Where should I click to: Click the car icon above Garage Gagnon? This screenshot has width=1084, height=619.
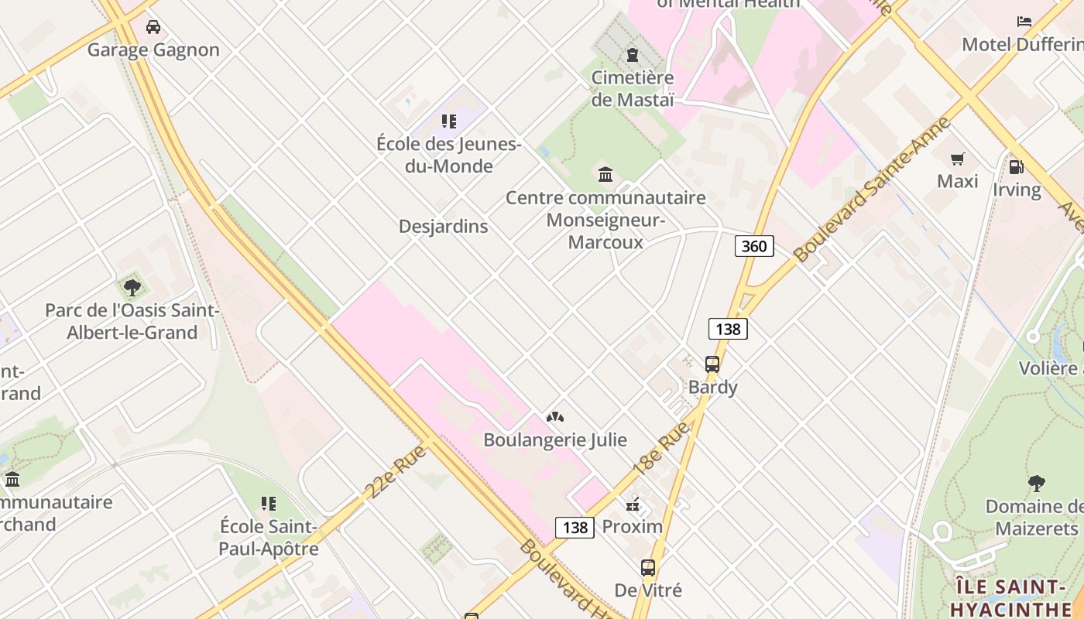click(153, 27)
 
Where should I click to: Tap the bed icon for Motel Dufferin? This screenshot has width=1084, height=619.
click(1024, 22)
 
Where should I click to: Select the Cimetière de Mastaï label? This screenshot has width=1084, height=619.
click(633, 88)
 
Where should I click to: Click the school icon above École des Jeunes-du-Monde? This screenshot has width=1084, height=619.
click(449, 121)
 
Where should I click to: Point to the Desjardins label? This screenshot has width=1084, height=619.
click(443, 226)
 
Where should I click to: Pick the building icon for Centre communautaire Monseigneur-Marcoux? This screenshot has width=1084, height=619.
click(605, 174)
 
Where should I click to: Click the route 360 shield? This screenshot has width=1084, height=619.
click(753, 246)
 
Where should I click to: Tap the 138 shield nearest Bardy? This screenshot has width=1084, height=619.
click(728, 329)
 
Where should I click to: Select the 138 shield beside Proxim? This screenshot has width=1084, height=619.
click(575, 528)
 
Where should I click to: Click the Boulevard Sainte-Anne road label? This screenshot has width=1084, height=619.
click(871, 190)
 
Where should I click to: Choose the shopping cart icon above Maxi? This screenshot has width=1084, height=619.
click(958, 159)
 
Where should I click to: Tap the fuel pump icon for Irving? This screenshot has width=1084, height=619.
click(1016, 167)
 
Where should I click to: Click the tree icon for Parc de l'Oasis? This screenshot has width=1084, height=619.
click(132, 288)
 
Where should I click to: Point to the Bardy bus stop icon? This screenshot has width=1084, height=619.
click(712, 364)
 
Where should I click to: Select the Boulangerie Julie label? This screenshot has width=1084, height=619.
click(554, 439)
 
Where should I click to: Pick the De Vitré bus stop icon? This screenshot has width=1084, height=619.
click(648, 568)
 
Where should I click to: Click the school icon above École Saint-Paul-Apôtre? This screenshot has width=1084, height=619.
click(269, 504)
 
